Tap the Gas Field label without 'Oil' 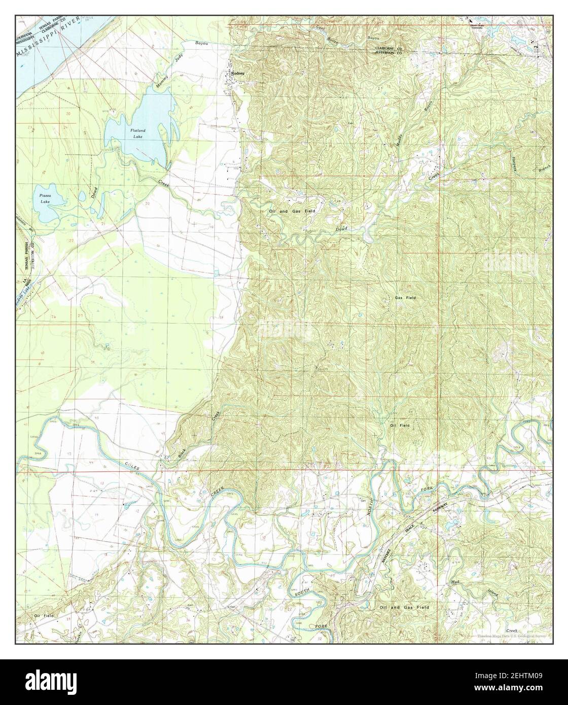point(405,298)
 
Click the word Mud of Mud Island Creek point(455,583)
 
